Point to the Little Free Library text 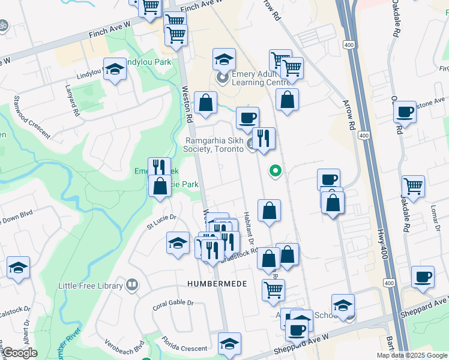(91, 286)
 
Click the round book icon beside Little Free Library (132, 285)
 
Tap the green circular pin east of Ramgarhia (276, 172)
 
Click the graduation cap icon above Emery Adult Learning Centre (224, 59)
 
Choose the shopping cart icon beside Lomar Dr (413, 186)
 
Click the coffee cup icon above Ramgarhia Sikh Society (247, 117)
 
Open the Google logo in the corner (19, 353)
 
